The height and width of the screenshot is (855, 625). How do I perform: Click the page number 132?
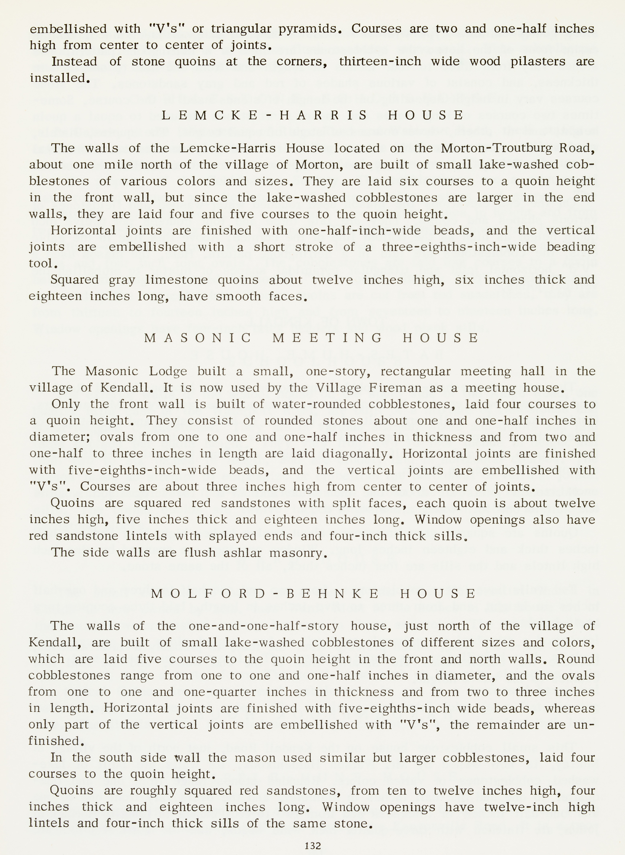[x=312, y=846]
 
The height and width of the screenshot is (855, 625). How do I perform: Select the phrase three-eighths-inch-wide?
[x=459, y=247]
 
